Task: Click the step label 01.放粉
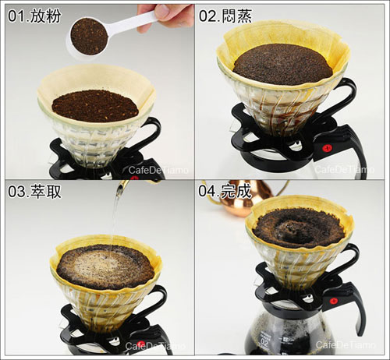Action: pyautogui.click(x=34, y=16)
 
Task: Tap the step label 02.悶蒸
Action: pyautogui.click(x=225, y=16)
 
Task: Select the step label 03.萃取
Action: pyautogui.click(x=34, y=192)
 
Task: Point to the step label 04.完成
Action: pyautogui.click(x=225, y=191)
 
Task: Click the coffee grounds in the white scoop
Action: pyautogui.click(x=89, y=36)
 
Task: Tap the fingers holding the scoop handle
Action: pyautogui.click(x=165, y=16)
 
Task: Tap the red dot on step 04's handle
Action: pyautogui.click(x=333, y=301)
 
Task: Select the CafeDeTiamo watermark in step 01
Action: pyautogui.click(x=158, y=170)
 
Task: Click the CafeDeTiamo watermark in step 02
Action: pyautogui.click(x=345, y=170)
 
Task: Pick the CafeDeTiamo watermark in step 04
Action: pyautogui.click(x=346, y=344)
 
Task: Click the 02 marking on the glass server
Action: pyautogui.click(x=264, y=343)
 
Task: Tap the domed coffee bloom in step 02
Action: pyautogui.click(x=283, y=65)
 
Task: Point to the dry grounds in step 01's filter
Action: pyautogui.click(x=95, y=106)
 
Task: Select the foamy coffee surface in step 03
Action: pyautogui.click(x=105, y=266)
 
